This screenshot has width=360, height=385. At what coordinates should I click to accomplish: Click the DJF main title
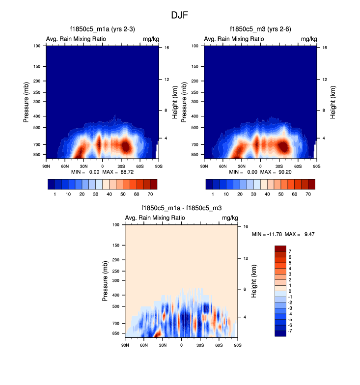179,15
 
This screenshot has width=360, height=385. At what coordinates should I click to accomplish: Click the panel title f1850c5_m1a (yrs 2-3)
102,29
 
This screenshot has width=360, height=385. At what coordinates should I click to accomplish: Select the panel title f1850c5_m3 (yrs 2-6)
260,29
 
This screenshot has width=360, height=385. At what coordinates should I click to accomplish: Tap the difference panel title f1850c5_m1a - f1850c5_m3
181,209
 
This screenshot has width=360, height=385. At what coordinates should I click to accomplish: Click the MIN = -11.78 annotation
266,234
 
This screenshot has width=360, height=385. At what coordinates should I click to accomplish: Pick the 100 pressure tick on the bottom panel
116,224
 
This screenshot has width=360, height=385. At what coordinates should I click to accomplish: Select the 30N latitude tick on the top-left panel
83,166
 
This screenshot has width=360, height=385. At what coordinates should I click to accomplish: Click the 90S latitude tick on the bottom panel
237,345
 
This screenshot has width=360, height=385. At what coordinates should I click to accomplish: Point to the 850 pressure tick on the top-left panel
38,154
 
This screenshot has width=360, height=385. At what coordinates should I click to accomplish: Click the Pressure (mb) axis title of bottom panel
105,281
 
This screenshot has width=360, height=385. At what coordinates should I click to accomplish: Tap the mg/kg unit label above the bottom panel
230,218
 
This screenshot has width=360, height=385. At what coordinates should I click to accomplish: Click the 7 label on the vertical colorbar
290,251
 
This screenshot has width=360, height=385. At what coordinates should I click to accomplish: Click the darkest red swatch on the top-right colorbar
311,184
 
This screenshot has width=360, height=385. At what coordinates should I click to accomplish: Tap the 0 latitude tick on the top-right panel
260,166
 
